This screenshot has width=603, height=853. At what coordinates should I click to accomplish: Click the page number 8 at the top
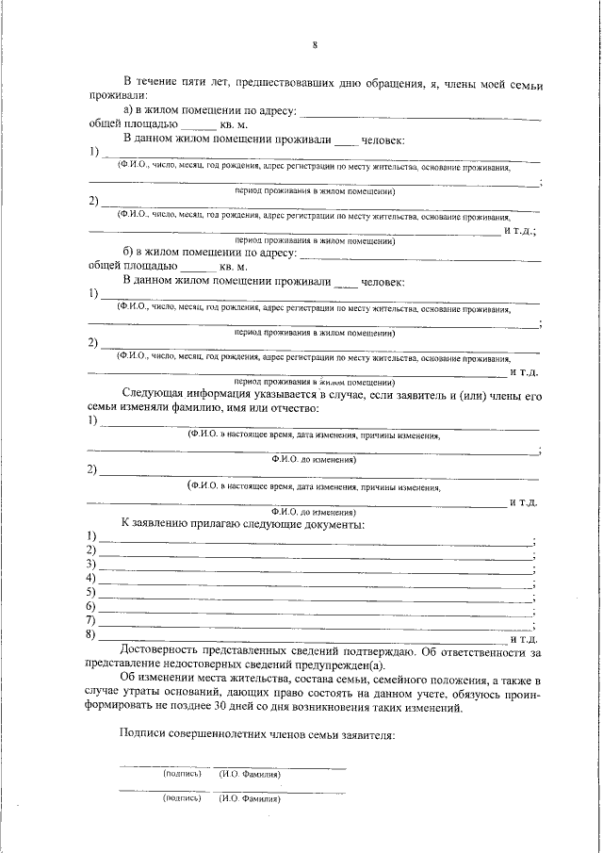click(x=316, y=44)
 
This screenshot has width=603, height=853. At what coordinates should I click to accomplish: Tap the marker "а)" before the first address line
click(x=129, y=110)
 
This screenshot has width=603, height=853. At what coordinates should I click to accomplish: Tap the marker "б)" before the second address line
click(x=129, y=253)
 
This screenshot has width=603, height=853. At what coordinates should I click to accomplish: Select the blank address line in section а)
click(x=418, y=114)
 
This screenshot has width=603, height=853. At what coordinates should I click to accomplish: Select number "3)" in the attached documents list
click(x=91, y=564)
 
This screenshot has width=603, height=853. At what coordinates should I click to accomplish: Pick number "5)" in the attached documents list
click(x=91, y=592)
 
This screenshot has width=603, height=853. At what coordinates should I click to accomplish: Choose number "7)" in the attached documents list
click(x=91, y=621)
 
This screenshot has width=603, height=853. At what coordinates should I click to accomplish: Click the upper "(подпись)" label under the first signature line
click(x=183, y=774)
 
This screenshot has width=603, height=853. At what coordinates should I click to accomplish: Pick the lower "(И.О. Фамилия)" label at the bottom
click(x=250, y=797)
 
